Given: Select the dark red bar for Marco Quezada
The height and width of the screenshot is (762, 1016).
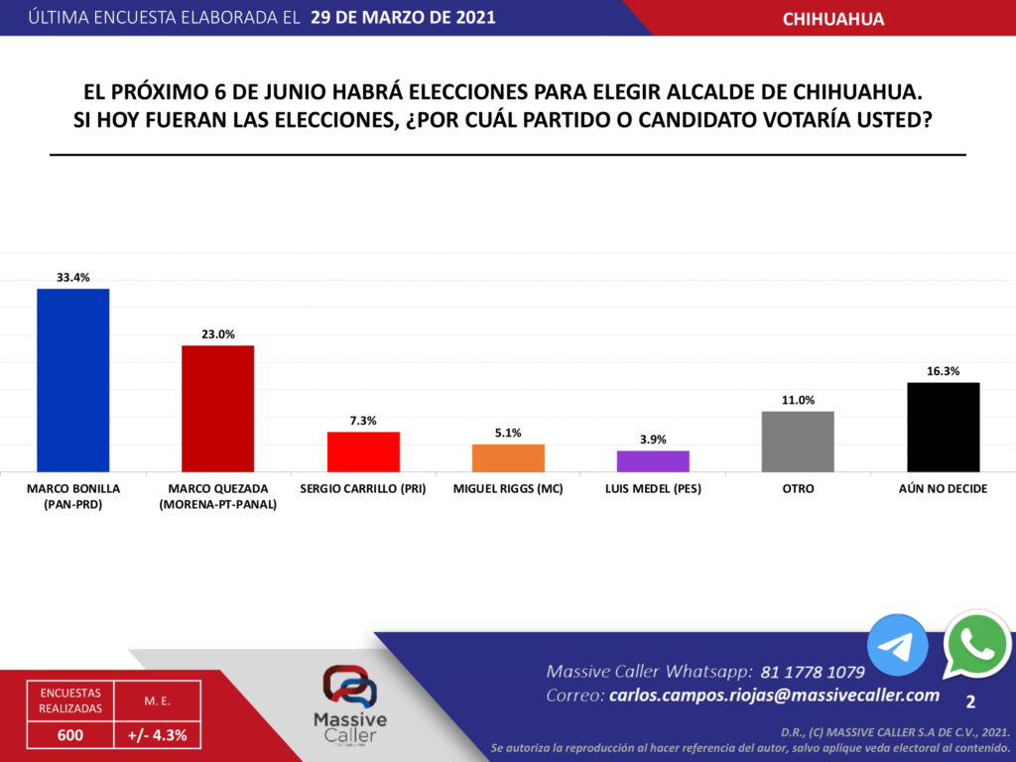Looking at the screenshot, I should tap(217, 409).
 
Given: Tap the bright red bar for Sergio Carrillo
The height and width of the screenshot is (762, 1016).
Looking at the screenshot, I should tap(363, 451).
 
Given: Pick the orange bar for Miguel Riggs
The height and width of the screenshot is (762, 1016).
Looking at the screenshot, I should tap(508, 457).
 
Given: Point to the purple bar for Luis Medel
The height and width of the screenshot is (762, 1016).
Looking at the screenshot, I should tap(653, 461).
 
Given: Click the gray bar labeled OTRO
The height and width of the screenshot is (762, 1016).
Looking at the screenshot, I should tap(798, 442).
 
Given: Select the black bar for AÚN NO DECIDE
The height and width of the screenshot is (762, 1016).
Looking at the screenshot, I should tap(943, 427).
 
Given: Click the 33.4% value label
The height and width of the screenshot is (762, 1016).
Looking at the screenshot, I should tap(72, 278).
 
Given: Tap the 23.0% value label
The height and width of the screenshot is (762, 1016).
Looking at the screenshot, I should tap(217, 334).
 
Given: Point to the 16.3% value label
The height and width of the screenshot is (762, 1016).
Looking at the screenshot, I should tap(943, 371).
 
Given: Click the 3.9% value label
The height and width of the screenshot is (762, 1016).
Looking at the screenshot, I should tap(653, 440).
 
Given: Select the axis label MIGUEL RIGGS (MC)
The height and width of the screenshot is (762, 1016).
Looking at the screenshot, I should tap(508, 489).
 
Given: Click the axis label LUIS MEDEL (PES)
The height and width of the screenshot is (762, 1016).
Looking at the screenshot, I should tap(653, 489).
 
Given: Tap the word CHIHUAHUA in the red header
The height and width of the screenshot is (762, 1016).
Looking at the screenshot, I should tap(833, 19).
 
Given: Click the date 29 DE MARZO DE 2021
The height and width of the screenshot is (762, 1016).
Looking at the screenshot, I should tap(403, 18).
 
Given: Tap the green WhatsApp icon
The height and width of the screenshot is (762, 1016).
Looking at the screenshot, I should tap(977, 645).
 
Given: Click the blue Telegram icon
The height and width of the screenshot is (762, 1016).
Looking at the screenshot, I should tap(897, 646).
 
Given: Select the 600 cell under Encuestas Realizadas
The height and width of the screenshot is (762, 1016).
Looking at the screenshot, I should tap(69, 735).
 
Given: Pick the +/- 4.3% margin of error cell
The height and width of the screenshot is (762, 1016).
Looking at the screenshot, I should tap(158, 735).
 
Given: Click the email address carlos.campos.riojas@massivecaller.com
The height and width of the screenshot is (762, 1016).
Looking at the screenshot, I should tap(774, 696).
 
